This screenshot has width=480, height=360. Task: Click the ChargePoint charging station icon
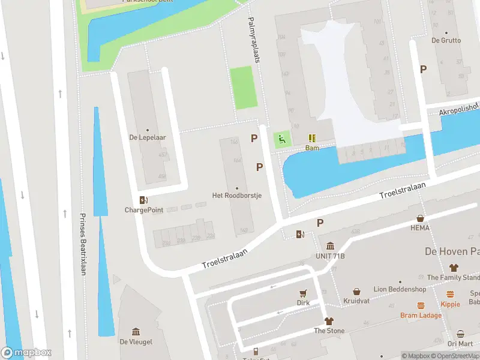(x=143, y=200)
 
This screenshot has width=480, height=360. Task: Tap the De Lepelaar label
(x=147, y=137)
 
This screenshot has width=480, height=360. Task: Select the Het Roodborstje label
(x=236, y=196)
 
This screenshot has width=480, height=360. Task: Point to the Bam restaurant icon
(x=312, y=138)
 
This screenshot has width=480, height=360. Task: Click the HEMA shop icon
(x=421, y=219)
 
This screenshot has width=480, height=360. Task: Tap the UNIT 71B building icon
(x=330, y=246)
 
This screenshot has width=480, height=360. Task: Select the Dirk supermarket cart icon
(x=303, y=293)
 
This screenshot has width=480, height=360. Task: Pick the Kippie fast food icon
(x=450, y=294)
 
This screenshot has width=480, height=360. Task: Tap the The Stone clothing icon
(x=329, y=321)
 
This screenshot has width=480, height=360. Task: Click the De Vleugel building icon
(x=136, y=332)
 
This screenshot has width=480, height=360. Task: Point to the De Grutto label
(x=446, y=41)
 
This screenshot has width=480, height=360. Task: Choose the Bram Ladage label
(x=421, y=315)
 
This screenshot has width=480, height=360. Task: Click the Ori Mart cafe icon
(x=460, y=334)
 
